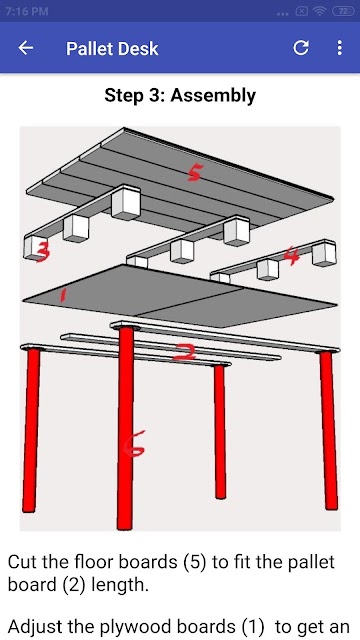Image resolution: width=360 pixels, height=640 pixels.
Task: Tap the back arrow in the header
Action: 25,48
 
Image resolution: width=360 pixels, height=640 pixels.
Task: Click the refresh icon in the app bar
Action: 301,48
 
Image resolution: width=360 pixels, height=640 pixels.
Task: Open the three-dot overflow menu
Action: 339,48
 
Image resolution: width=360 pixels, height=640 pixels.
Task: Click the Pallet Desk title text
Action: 112,49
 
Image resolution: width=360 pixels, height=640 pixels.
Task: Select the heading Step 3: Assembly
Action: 180,96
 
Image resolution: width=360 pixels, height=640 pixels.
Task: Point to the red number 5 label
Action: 194,174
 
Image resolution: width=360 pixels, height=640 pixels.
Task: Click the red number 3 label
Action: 43,251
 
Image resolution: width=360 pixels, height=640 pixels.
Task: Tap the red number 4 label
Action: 292,256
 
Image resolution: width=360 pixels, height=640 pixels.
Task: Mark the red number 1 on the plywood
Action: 62,295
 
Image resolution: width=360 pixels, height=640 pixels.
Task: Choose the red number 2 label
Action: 184,352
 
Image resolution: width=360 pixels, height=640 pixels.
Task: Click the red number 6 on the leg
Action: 135,444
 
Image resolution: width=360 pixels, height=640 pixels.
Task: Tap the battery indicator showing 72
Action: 343,11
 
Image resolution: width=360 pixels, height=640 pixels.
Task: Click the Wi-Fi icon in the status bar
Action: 320,11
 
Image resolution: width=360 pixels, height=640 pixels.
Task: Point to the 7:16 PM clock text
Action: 27,11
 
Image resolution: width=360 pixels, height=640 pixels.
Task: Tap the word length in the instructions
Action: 119,586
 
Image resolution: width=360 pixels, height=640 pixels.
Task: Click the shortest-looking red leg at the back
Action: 220,431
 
